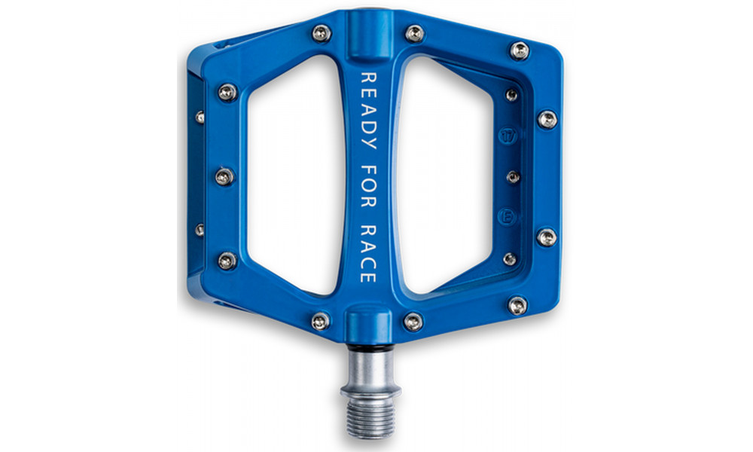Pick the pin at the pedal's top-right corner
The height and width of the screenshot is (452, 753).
[x=519, y=50]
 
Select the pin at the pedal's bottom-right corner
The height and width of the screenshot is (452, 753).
[x=517, y=305]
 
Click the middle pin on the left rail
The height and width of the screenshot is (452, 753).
[x=224, y=176]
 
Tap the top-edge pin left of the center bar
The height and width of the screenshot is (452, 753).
[x=322, y=32]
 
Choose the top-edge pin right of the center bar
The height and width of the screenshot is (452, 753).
[x=414, y=32]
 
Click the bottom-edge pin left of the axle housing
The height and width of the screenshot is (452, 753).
[x=320, y=321]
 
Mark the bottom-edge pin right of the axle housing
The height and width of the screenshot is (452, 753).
[x=413, y=322]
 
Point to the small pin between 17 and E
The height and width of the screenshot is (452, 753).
[x=513, y=177]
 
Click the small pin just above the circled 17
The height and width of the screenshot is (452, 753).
[x=511, y=96]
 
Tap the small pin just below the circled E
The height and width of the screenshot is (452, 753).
[x=510, y=258]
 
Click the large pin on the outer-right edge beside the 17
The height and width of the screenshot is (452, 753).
[x=547, y=119]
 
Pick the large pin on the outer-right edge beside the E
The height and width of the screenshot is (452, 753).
[x=547, y=237]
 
